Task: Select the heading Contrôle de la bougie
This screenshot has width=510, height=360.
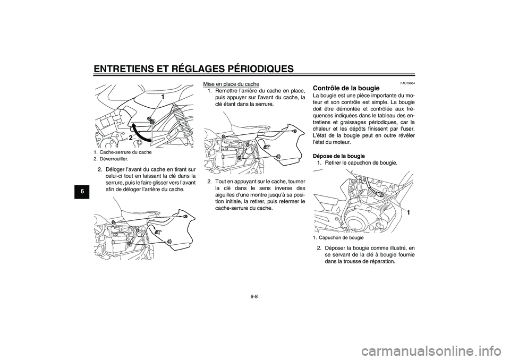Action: pyautogui.click(x=346, y=88)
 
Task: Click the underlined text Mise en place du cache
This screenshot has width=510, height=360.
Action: pyautogui.click(x=232, y=84)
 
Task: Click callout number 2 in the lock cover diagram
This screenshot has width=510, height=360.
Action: pyautogui.click(x=130, y=138)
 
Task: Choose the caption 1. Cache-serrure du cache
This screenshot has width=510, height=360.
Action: pyautogui.click(x=123, y=152)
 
